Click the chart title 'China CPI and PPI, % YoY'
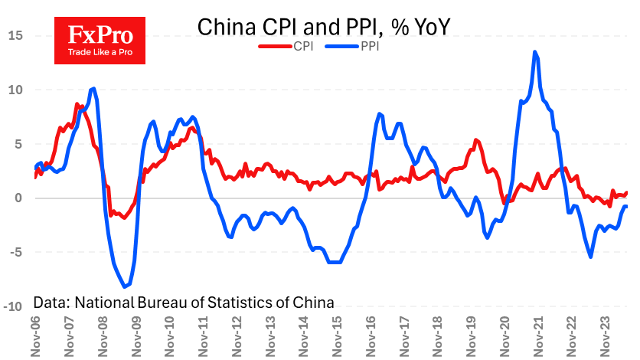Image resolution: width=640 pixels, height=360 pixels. tap(322, 27)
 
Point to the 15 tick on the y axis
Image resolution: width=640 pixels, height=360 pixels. tap(17, 35)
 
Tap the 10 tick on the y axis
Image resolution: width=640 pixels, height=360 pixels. tap(17, 90)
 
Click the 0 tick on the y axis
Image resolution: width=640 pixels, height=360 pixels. tap(21, 198)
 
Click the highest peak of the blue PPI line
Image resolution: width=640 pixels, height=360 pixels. tap(534, 52)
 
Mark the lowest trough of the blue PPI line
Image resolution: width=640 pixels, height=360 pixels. tap(126, 286)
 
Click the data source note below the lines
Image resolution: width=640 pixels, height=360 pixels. tap(184, 302)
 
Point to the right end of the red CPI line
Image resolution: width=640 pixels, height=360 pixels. tap(627, 193)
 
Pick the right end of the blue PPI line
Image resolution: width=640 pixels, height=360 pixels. tap(627, 206)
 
